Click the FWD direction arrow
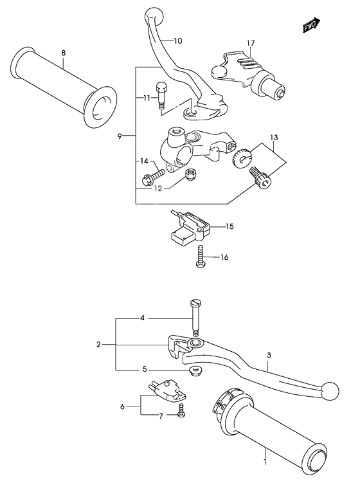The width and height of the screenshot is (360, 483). [x=311, y=25]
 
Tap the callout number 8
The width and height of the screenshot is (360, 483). [x=63, y=53]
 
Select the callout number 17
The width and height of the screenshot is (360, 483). [x=249, y=44]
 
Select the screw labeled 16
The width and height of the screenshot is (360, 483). [x=201, y=255]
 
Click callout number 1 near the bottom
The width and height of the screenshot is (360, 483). [x=264, y=462]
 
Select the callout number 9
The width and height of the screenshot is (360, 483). [x=120, y=136]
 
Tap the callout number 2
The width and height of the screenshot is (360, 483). [x=99, y=345]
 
